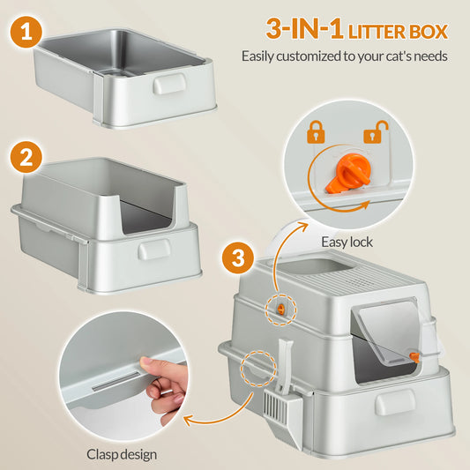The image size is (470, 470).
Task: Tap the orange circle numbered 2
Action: point(28,160)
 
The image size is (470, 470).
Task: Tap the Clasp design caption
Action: point(123,455)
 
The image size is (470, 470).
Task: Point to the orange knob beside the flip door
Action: point(413,354)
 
